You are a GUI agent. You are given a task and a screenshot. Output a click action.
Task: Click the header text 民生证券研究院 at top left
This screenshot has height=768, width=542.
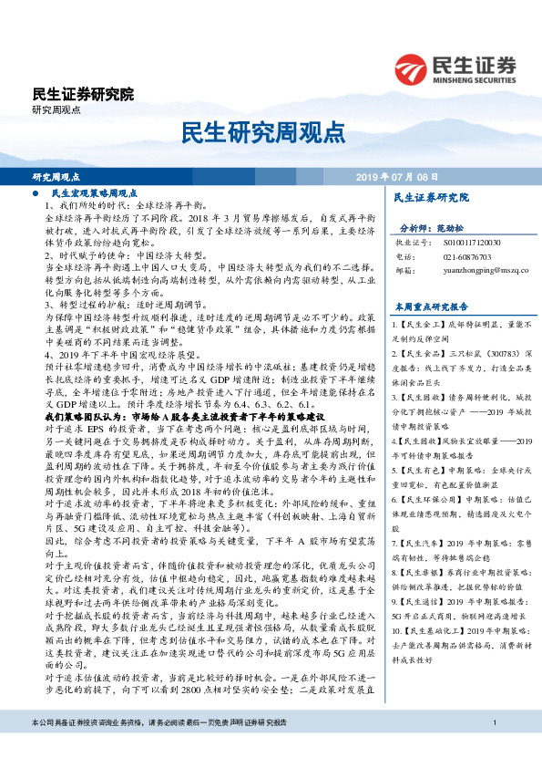point(82,94)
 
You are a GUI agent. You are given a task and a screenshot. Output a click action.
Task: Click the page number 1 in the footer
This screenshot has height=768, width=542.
point(493,750)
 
